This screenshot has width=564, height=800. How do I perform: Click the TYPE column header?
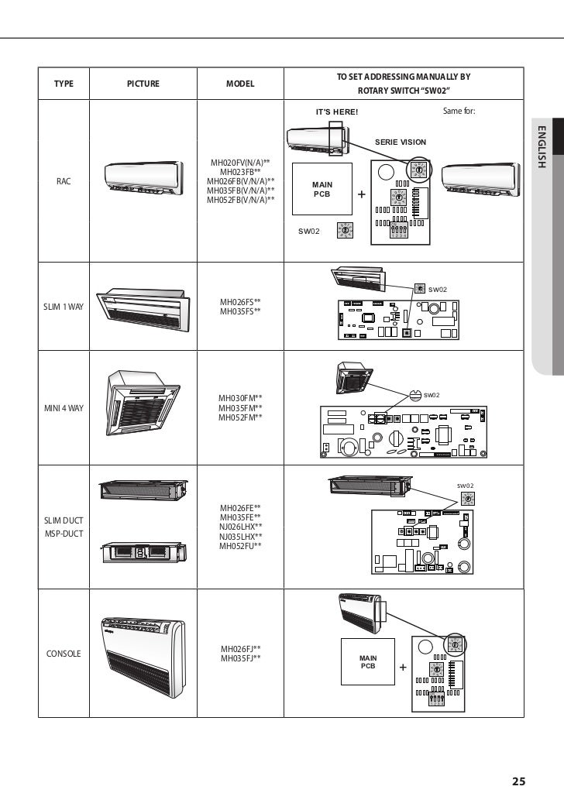[x=64, y=84]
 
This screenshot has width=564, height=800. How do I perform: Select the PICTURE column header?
[x=143, y=84]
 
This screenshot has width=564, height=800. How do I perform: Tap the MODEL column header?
[x=240, y=84]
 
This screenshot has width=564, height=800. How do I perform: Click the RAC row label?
[x=64, y=181]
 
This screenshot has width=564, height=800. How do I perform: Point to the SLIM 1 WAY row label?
[x=64, y=307]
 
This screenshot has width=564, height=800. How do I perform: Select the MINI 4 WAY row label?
[x=64, y=408]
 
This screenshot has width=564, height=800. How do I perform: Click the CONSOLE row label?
[x=64, y=654]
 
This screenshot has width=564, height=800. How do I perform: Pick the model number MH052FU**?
[x=240, y=546]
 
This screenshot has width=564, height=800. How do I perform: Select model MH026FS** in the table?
[x=240, y=301]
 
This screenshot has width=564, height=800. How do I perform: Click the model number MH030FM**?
[x=240, y=398]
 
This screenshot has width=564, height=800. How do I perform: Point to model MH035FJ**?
[x=240, y=658]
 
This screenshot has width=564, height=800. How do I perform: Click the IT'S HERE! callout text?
[x=337, y=112]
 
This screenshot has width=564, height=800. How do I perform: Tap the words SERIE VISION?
[x=401, y=142]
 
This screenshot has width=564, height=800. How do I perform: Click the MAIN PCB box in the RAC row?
[x=322, y=189]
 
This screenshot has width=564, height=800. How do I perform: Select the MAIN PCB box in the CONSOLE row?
[x=368, y=662]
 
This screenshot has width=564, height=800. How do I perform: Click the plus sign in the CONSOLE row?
[x=403, y=668]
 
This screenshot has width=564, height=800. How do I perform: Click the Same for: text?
[x=459, y=111]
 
